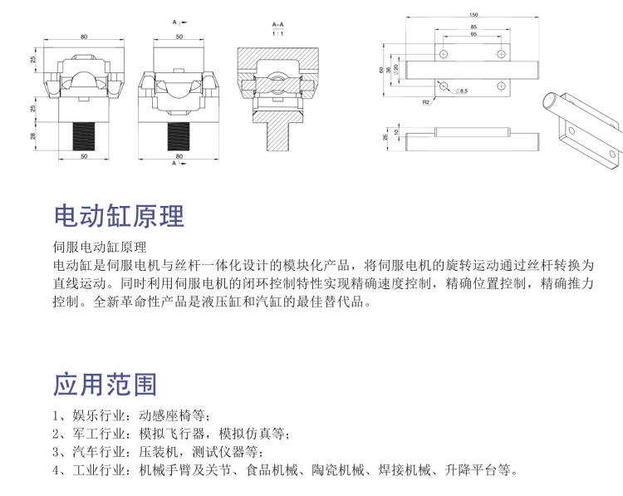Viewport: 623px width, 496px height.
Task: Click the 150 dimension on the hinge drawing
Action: coord(473,15)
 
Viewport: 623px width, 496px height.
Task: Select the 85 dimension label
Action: coord(473,27)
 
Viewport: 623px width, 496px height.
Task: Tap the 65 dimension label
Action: coord(473,35)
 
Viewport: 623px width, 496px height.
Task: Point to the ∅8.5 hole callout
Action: coord(462,90)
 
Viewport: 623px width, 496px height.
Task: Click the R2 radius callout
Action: coord(424,101)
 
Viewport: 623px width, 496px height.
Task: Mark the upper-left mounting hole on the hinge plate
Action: coord(444,54)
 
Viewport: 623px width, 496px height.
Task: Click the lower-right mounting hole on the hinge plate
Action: coord(501,86)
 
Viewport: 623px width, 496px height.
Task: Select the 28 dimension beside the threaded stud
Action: coord(35,135)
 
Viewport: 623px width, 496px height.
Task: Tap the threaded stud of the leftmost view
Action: coord(84,135)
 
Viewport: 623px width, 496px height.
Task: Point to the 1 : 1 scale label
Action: coord(277,34)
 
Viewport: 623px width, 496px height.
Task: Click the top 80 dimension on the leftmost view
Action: coord(84,37)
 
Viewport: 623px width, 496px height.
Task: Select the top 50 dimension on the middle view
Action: coord(179,37)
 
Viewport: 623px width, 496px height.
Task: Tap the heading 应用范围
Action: coord(105,385)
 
